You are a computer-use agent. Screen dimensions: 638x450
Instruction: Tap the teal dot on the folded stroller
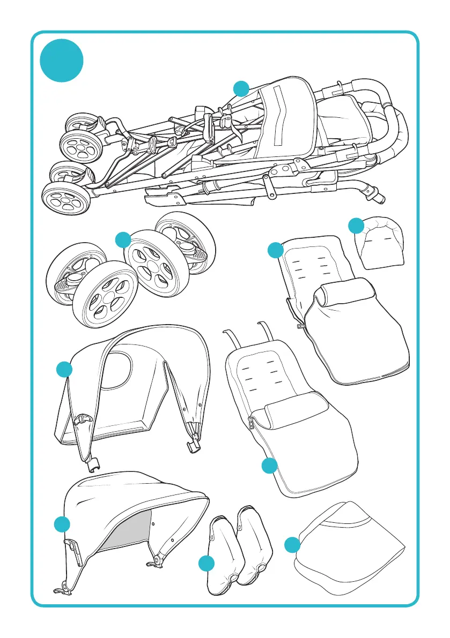[241, 88]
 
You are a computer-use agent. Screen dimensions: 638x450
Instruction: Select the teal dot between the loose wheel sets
[123, 239]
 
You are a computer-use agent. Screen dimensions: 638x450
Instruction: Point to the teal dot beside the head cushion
[356, 226]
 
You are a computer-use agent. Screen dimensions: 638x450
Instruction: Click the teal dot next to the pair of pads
[206, 563]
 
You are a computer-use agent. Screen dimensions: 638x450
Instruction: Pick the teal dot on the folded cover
[292, 545]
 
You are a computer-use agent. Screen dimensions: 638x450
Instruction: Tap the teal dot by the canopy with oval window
[64, 369]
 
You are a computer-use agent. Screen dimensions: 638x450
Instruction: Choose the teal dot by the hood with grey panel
[62, 524]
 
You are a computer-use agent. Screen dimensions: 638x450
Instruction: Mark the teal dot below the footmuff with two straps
[269, 466]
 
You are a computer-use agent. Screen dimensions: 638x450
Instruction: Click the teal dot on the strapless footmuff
[275, 250]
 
